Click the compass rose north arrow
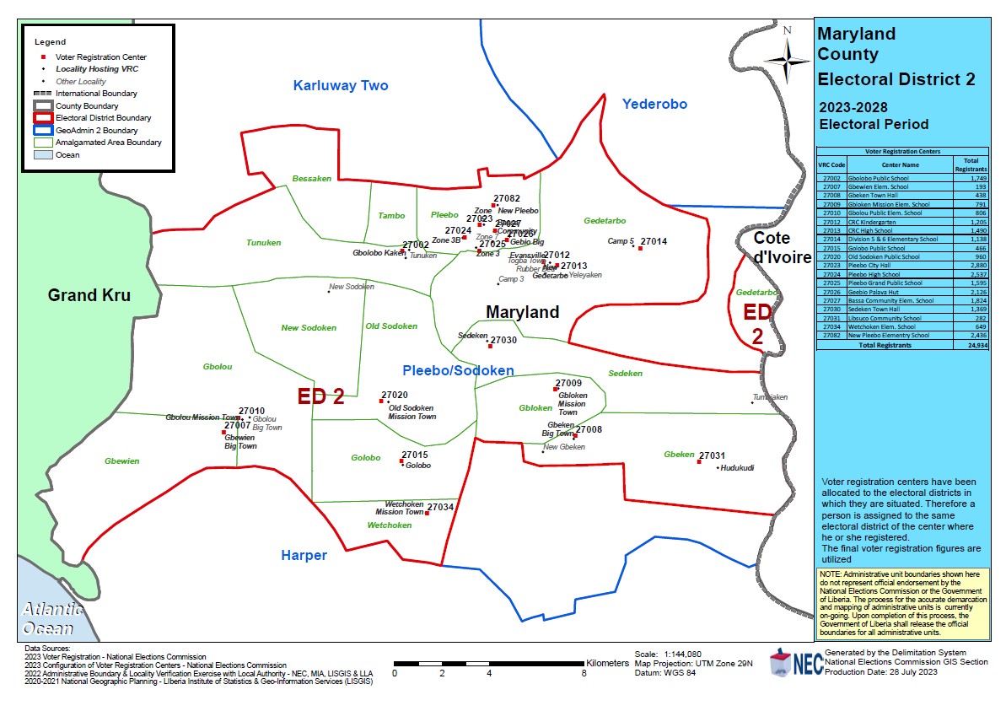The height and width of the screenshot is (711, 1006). click(787, 57)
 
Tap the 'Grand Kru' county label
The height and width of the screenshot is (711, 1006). click(91, 295)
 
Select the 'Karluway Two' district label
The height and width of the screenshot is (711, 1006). click(341, 85)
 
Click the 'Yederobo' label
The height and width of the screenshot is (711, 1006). click(654, 104)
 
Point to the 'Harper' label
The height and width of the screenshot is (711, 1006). click(304, 556)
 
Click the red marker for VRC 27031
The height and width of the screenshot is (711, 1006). click(700, 461)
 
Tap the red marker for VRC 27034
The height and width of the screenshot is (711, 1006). click(427, 513)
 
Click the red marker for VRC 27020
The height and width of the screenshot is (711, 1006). click(382, 401)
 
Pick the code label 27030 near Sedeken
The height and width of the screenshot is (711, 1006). click(503, 340)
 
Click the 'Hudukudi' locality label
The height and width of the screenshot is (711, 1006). click(736, 468)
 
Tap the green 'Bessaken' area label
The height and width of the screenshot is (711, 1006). click(312, 179)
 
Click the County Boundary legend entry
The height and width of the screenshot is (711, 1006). click(87, 106)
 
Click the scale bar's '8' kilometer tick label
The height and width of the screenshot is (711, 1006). click(584, 673)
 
